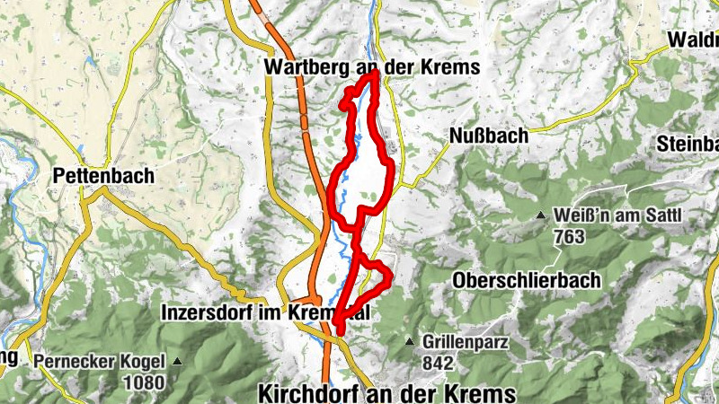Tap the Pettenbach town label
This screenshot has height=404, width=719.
click(x=103, y=175)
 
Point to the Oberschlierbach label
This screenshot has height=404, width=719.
click(x=528, y=280)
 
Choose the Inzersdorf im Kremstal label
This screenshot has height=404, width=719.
click(x=265, y=313)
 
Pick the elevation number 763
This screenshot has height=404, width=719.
click(x=570, y=237)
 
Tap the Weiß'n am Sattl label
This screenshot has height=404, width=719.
click(x=619, y=215)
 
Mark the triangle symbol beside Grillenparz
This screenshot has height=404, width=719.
click(x=410, y=342)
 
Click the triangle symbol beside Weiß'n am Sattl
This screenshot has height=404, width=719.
click(x=541, y=215)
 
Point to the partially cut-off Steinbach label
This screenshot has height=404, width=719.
click(x=689, y=144)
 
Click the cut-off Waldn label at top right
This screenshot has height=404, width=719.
click(x=693, y=40)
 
